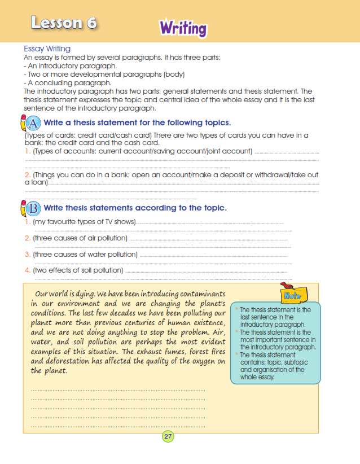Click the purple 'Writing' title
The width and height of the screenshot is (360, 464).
point(183,28)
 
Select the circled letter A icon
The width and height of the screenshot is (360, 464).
point(33,123)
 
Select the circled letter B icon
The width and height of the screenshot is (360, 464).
point(33,208)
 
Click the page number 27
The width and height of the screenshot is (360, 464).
point(168,436)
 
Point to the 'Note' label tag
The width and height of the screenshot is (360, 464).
point(292,295)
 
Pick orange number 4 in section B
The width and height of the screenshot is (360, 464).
point(27,270)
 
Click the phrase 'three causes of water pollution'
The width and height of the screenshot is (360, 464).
point(85,255)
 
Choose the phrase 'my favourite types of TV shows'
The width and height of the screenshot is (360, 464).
point(85,222)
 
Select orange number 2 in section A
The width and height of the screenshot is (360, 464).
point(27,175)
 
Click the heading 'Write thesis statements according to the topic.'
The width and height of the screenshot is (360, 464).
point(135,208)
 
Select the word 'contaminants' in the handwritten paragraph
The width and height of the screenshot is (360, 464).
point(198,294)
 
